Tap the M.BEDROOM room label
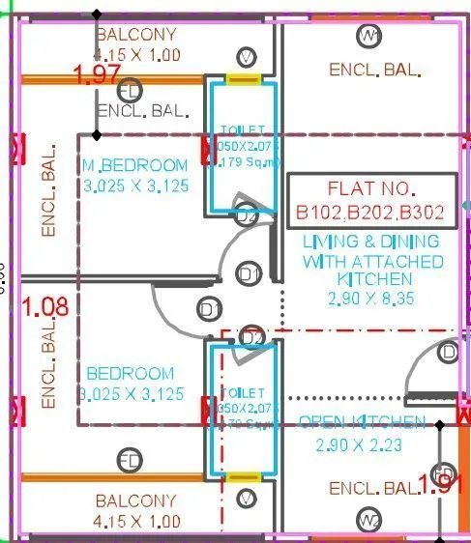pyautogui.click(x=134, y=164)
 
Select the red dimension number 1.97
pyautogui.click(x=97, y=74)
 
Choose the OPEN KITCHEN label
pyautogui.click(x=362, y=422)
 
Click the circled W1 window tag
pyautogui.click(x=368, y=36)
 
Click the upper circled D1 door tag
pyautogui.click(x=249, y=273)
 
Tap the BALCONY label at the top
pyautogui.click(x=136, y=35)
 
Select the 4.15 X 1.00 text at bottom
pyautogui.click(x=136, y=521)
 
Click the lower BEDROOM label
pyautogui.click(x=131, y=373)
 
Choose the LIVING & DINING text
pyautogui.click(x=370, y=241)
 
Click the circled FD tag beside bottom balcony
pyautogui.click(x=129, y=459)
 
